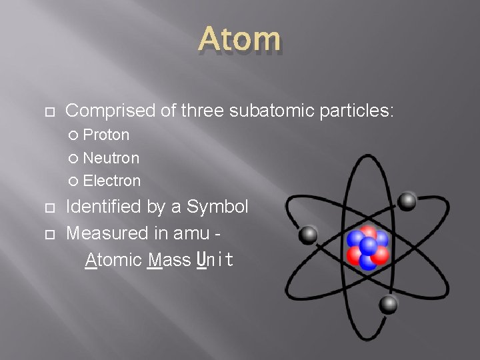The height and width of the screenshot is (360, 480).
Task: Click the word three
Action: coord(202,110)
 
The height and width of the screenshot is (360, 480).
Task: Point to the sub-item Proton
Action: coord(106,135)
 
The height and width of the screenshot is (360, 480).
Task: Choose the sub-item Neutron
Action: coord(111,158)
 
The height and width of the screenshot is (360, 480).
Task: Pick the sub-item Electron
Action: coord(112,181)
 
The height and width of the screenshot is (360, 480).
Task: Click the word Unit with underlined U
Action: coord(215,260)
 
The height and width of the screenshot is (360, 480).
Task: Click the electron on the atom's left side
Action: coord(307,235)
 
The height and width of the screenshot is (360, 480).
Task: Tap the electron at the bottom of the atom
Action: coord(388,305)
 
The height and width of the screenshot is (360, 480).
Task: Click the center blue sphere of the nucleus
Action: coord(367,245)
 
